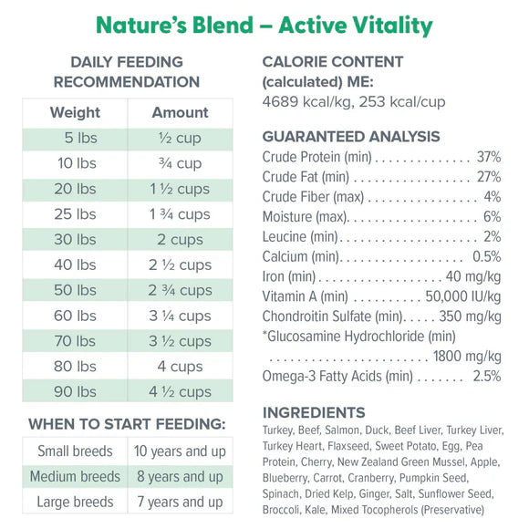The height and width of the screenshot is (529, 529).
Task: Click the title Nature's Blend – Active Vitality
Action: point(264,25)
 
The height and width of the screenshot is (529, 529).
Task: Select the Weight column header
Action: point(75,113)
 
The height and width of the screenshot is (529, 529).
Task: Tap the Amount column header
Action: point(180,113)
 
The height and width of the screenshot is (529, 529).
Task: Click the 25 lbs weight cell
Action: point(74,214)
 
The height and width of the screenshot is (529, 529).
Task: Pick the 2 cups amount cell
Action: point(180,240)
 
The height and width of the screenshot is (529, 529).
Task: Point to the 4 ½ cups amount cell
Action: point(180,392)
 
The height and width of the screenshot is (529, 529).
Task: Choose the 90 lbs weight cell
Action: point(74,392)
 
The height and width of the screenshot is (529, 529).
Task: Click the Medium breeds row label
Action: point(75,476)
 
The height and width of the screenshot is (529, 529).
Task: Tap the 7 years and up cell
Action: point(179,502)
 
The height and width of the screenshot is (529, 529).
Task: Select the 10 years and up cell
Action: point(179,451)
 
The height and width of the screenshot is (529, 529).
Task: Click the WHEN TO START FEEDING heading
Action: point(127,424)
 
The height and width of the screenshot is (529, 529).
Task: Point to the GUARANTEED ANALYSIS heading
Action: point(351,137)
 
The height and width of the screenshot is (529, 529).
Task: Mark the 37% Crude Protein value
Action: point(488,157)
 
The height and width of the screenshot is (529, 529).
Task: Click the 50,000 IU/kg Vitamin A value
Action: point(463,296)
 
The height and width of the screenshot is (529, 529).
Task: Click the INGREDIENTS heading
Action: point(314,412)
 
